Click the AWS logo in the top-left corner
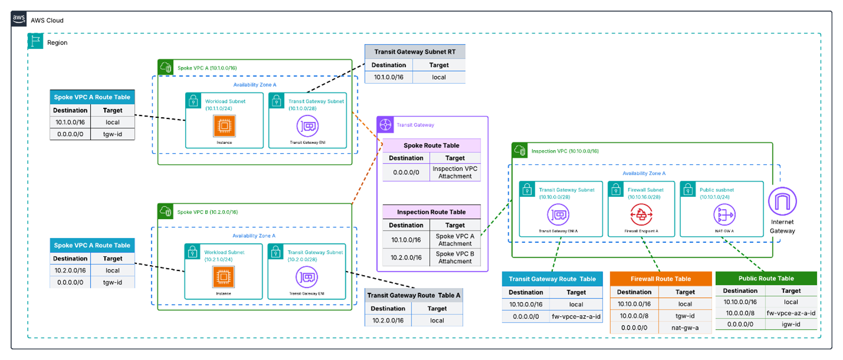[x=19, y=19]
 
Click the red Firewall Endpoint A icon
[x=637, y=216]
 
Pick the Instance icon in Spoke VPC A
[x=224, y=125]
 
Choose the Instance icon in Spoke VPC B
[x=223, y=276]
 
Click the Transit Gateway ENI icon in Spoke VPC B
[x=307, y=276]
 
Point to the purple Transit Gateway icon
[x=385, y=124]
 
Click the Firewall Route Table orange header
[x=660, y=279]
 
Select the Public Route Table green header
[x=766, y=278]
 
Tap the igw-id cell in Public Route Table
[x=791, y=324]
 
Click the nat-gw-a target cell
[x=685, y=328]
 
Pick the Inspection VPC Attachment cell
[x=455, y=172]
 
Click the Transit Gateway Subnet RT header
[x=415, y=52]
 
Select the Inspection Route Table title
[x=431, y=212]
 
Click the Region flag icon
[x=35, y=41]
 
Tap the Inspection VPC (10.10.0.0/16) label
[x=565, y=151]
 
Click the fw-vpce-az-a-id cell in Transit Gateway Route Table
[x=576, y=316]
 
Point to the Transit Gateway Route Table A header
[x=413, y=295]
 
